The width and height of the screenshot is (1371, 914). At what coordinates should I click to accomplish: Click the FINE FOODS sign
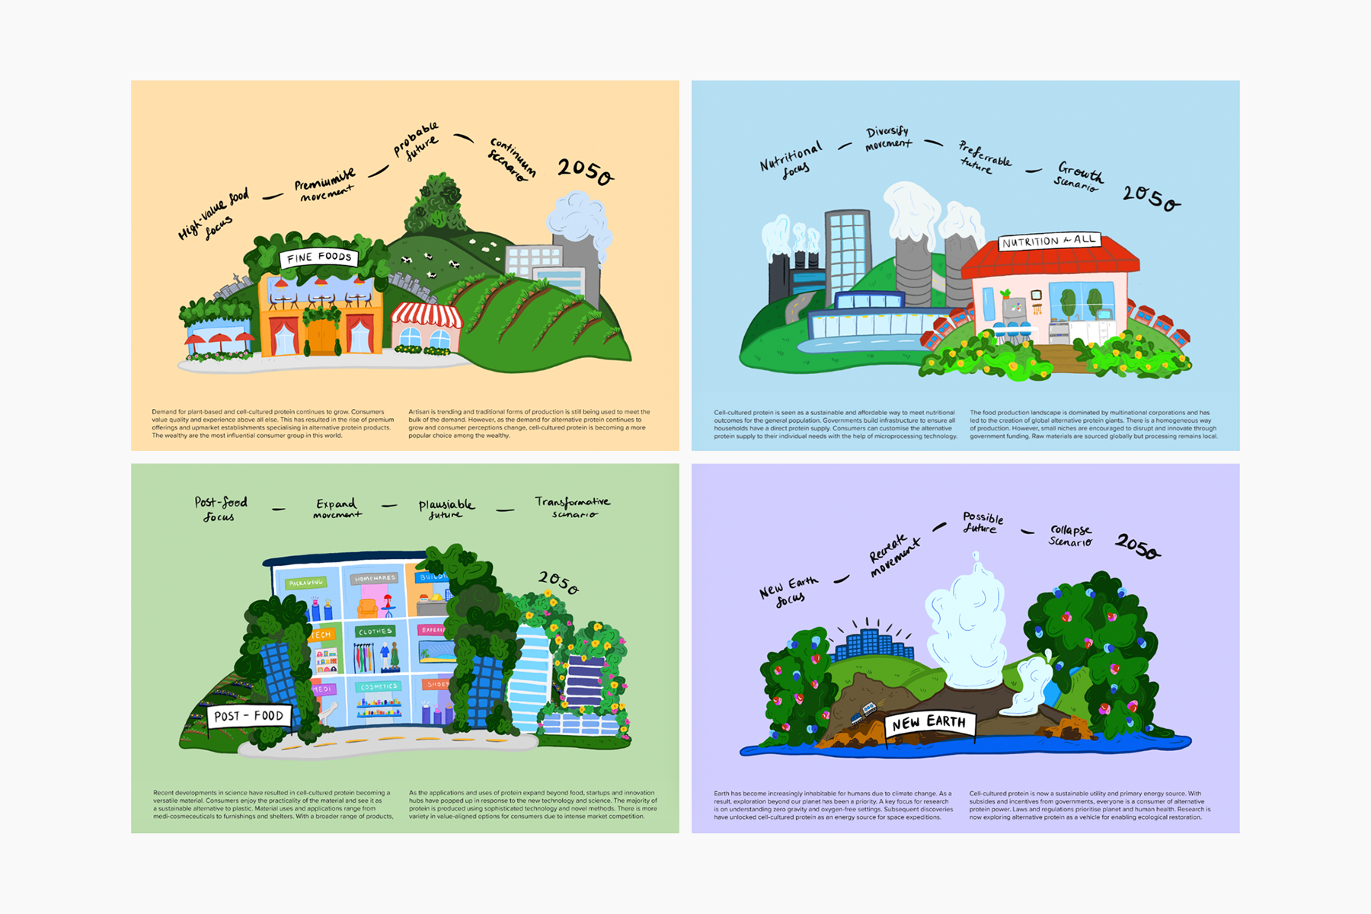pyautogui.click(x=319, y=257)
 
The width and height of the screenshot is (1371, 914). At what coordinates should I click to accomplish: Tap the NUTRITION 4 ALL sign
pyautogui.click(x=1049, y=241)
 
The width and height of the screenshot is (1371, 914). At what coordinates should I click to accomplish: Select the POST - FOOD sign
pyautogui.click(x=248, y=716)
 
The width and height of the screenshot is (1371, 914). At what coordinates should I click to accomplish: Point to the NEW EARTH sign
pyautogui.click(x=928, y=722)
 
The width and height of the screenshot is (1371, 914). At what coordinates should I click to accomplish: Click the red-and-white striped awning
pyautogui.click(x=426, y=315)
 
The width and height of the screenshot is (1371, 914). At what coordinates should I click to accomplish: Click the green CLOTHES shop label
pyautogui.click(x=375, y=631)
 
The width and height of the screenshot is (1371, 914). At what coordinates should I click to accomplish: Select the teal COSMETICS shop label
pyautogui.click(x=379, y=686)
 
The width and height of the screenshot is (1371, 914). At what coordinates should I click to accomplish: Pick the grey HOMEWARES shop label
pyautogui.click(x=375, y=578)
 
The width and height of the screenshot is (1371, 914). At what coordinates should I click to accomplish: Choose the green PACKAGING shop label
pyautogui.click(x=305, y=583)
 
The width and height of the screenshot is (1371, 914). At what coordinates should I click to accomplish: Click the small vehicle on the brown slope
pyautogui.click(x=863, y=713)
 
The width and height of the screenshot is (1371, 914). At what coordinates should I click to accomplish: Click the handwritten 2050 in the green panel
pyautogui.click(x=558, y=582)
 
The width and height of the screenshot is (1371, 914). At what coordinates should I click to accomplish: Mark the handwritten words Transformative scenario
pyautogui.click(x=573, y=507)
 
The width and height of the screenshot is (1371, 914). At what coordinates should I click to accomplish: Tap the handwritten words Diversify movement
pyautogui.click(x=888, y=138)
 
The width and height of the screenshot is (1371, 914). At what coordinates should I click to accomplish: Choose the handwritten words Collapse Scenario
pyautogui.click(x=1071, y=535)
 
